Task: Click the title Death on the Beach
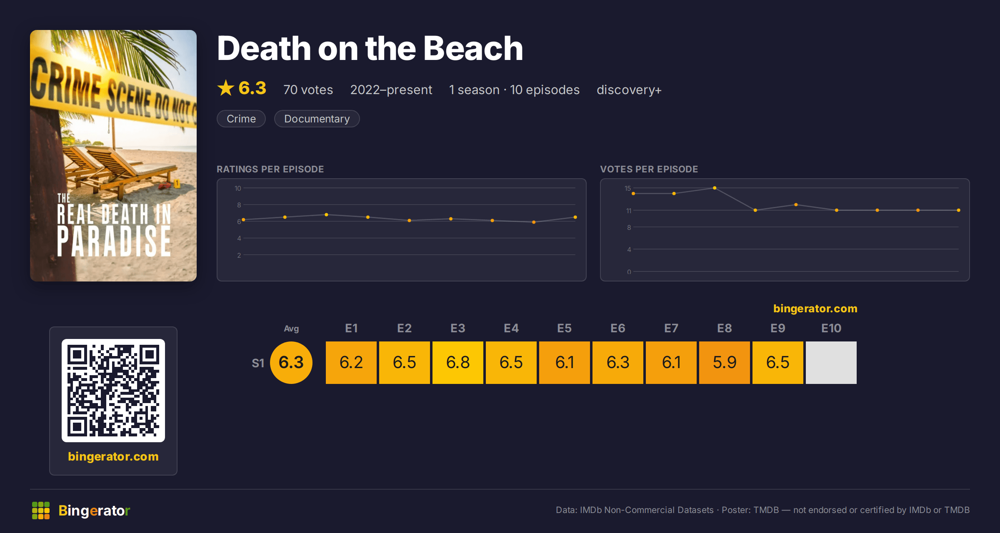point(370,48)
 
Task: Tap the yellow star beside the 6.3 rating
point(226,88)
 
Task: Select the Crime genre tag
point(241,119)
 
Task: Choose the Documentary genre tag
point(317,119)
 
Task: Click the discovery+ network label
point(629,90)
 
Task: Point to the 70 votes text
point(308,90)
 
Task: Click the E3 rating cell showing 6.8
point(458,362)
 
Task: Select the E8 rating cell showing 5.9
point(725,362)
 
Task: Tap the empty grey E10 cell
point(831,362)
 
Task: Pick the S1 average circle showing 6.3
point(291,362)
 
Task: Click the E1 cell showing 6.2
point(351,362)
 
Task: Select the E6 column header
point(618,328)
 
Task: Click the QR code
point(113,391)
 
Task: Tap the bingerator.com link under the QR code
point(113,456)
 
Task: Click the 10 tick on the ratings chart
point(238,188)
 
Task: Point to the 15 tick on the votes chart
point(628,188)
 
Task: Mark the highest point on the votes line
point(715,188)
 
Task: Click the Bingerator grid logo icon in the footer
point(41,511)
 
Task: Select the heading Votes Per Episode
point(649,169)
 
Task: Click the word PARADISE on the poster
point(114,242)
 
